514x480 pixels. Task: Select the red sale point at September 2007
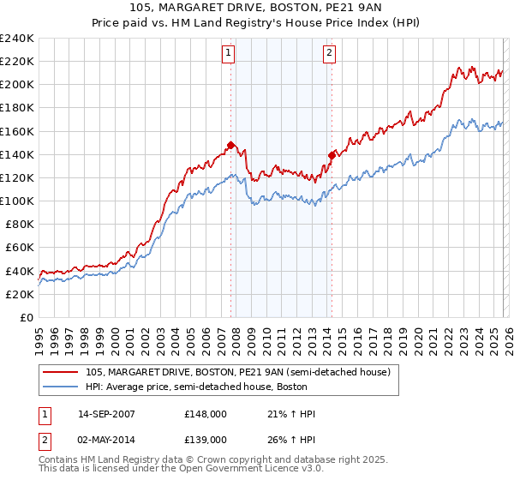coord(230,145)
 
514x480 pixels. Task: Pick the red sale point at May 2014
coord(332,155)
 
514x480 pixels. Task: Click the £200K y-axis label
coord(17,85)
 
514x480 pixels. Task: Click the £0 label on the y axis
coord(27,317)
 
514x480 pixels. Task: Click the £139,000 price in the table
coord(205,438)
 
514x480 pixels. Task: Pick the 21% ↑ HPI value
coord(292,414)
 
